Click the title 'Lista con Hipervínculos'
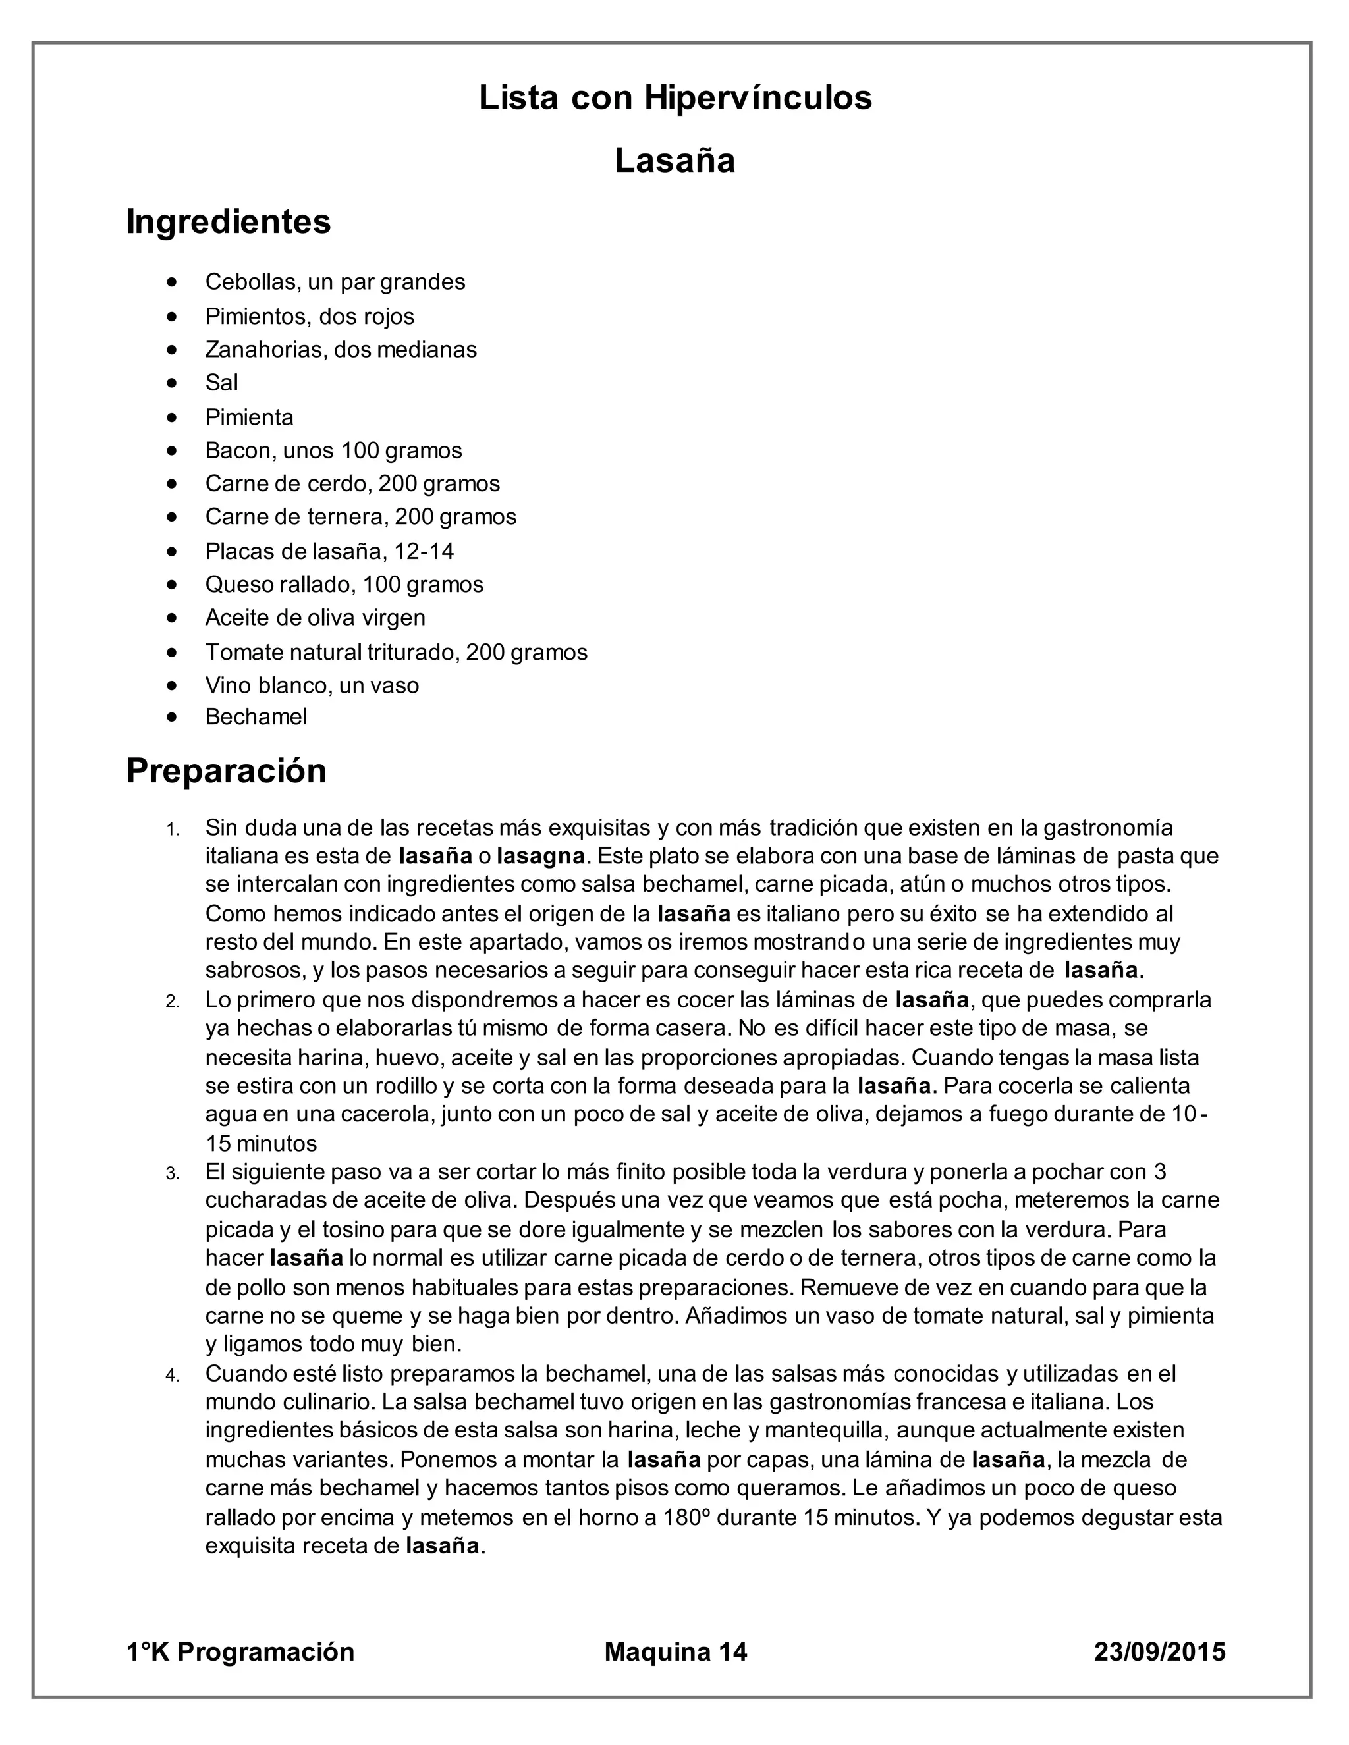[x=674, y=98]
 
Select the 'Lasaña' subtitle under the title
[x=674, y=161]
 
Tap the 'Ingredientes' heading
[x=229, y=221]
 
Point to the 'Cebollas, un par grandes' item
[x=335, y=282]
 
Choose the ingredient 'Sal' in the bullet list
[x=221, y=383]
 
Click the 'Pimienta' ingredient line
[x=250, y=417]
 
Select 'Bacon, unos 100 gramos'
[x=333, y=450]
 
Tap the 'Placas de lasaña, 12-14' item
[x=329, y=551]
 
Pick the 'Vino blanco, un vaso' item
[x=312, y=685]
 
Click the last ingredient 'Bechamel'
[x=256, y=716]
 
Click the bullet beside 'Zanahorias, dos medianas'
[x=172, y=350]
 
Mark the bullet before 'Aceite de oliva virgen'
[x=172, y=618]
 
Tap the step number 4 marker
[x=173, y=1376]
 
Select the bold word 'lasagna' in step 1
[x=541, y=857]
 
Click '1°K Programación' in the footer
[x=240, y=1651]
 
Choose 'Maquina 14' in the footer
[x=675, y=1651]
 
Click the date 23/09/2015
[x=1159, y=1651]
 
